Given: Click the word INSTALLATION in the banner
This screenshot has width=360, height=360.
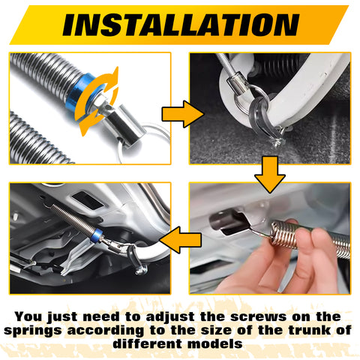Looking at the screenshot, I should pos(180,25).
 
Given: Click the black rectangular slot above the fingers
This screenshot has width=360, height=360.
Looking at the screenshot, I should pos(229,219).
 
